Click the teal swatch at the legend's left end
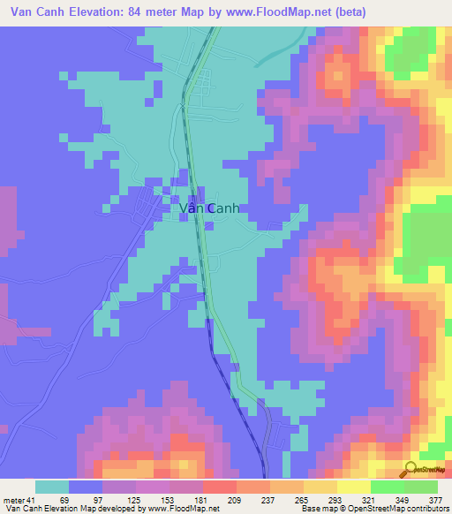pos(51,488)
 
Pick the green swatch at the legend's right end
pos(421,488)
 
